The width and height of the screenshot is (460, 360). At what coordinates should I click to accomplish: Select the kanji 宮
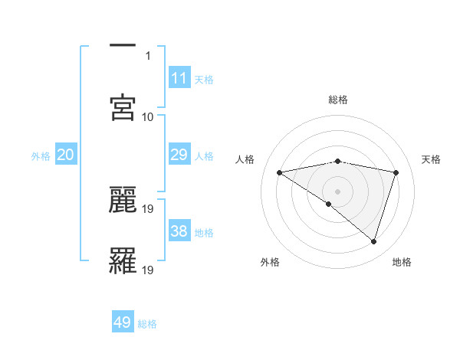pyautogui.click(x=123, y=106)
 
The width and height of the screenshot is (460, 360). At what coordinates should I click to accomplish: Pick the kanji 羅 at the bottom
pyautogui.click(x=123, y=260)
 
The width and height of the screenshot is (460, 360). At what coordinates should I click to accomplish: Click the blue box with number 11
pyautogui.click(x=179, y=78)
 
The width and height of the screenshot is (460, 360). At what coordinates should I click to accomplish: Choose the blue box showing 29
pyautogui.click(x=179, y=155)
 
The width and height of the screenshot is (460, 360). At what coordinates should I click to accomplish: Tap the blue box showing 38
pyautogui.click(x=179, y=231)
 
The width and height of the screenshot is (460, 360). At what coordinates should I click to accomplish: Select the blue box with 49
pyautogui.click(x=123, y=322)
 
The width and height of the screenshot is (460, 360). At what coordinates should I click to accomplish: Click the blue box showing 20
pyautogui.click(x=66, y=155)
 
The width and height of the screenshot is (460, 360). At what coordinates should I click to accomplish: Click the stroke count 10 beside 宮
pyautogui.click(x=148, y=116)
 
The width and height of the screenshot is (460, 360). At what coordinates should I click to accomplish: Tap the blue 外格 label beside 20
pyautogui.click(x=41, y=156)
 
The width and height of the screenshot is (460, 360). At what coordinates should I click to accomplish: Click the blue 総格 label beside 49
pyautogui.click(x=147, y=324)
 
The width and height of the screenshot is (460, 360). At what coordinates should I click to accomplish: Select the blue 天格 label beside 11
pyautogui.click(x=204, y=80)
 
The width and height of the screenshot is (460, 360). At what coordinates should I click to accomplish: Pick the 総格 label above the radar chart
pyautogui.click(x=338, y=100)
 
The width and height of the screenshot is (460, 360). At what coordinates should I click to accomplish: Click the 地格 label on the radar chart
pyautogui.click(x=402, y=262)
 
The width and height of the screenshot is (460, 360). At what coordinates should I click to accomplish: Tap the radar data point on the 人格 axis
pyautogui.click(x=280, y=172)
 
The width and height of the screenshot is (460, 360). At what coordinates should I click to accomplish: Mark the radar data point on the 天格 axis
pyautogui.click(x=396, y=172)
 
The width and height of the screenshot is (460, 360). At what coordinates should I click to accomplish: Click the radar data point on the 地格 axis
pyautogui.click(x=374, y=241)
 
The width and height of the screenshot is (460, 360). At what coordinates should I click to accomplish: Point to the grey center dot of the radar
pyautogui.click(x=338, y=191)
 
